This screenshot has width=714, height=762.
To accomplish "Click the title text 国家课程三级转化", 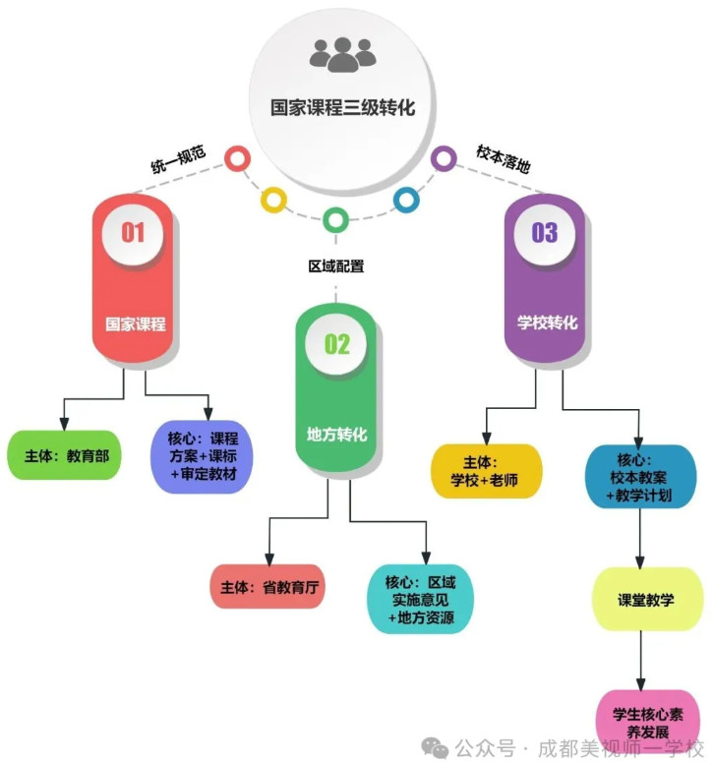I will click(342, 107).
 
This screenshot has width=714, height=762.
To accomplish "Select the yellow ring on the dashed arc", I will click(272, 200).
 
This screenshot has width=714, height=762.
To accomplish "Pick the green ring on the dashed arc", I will click(335, 219).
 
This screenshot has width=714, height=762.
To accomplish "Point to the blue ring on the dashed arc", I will click(405, 200).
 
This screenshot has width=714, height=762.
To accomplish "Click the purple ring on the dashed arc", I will click(444, 157).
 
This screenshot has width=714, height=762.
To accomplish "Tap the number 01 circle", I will click(134, 232).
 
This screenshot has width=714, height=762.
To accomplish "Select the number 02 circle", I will click(336, 343).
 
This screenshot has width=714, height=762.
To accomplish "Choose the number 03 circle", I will click(544, 233).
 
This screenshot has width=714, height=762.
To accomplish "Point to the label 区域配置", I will click(335, 265).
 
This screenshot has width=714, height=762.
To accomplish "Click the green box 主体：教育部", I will click(64, 455).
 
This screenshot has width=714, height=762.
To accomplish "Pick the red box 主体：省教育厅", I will click(268, 588).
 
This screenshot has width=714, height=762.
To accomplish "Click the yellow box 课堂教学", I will click(646, 599).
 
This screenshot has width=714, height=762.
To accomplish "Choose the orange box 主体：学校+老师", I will click(488, 471).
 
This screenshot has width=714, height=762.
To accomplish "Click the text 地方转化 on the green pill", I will click(336, 434).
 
